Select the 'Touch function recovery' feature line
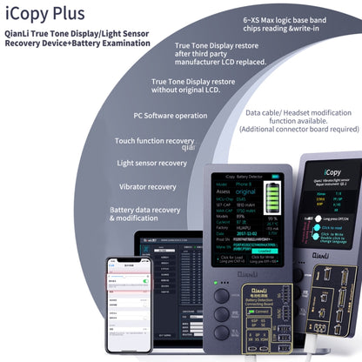[154, 139]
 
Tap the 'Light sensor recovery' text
[151, 163]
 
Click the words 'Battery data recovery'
[147, 210]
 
